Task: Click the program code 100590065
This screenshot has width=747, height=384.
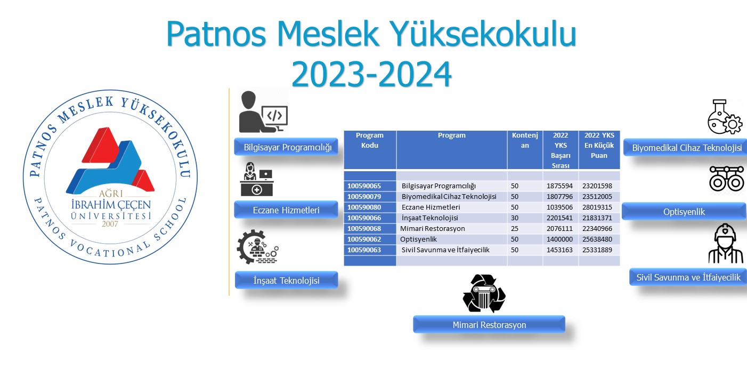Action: pyautogui.click(x=364, y=186)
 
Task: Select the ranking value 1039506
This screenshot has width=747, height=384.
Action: pyautogui.click(x=559, y=207)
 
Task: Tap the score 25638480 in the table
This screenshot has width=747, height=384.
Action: pyautogui.click(x=597, y=239)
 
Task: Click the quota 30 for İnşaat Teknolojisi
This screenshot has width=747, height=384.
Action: pyautogui.click(x=515, y=218)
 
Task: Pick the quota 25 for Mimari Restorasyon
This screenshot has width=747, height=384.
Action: pyautogui.click(x=515, y=229)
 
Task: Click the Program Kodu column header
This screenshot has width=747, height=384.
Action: pyautogui.click(x=369, y=140)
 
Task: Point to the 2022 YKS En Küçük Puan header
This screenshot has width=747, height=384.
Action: pyautogui.click(x=599, y=145)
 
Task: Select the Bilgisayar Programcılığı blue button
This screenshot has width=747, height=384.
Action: pyautogui.click(x=286, y=147)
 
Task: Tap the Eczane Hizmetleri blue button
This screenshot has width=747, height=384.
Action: pyautogui.click(x=286, y=210)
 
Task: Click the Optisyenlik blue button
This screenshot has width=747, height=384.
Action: pyautogui.click(x=684, y=211)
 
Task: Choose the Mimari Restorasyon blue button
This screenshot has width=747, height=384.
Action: pyautogui.click(x=489, y=325)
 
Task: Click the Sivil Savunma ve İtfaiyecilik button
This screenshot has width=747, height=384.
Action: pyautogui.click(x=688, y=277)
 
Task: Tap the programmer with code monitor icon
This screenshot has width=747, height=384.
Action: pyautogui.click(x=263, y=112)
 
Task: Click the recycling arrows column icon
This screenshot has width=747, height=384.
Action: pyautogui.click(x=484, y=293)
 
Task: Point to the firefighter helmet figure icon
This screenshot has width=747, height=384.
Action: pyautogui.click(x=726, y=243)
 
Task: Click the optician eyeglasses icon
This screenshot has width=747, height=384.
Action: pyautogui.click(x=727, y=179)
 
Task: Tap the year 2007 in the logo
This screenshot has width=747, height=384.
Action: pyautogui.click(x=110, y=223)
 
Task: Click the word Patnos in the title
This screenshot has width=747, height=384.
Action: pyautogui.click(x=216, y=34)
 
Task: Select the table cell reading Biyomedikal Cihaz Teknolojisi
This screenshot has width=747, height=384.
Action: pyautogui.click(x=449, y=197)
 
